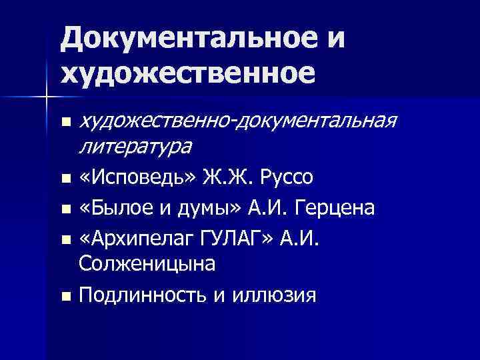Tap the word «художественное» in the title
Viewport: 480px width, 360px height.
(187, 72)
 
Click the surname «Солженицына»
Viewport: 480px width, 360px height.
(147, 265)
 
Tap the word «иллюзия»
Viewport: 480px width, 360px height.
(274, 295)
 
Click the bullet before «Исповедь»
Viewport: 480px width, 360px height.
(65, 179)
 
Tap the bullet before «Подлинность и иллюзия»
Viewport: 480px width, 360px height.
(65, 295)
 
